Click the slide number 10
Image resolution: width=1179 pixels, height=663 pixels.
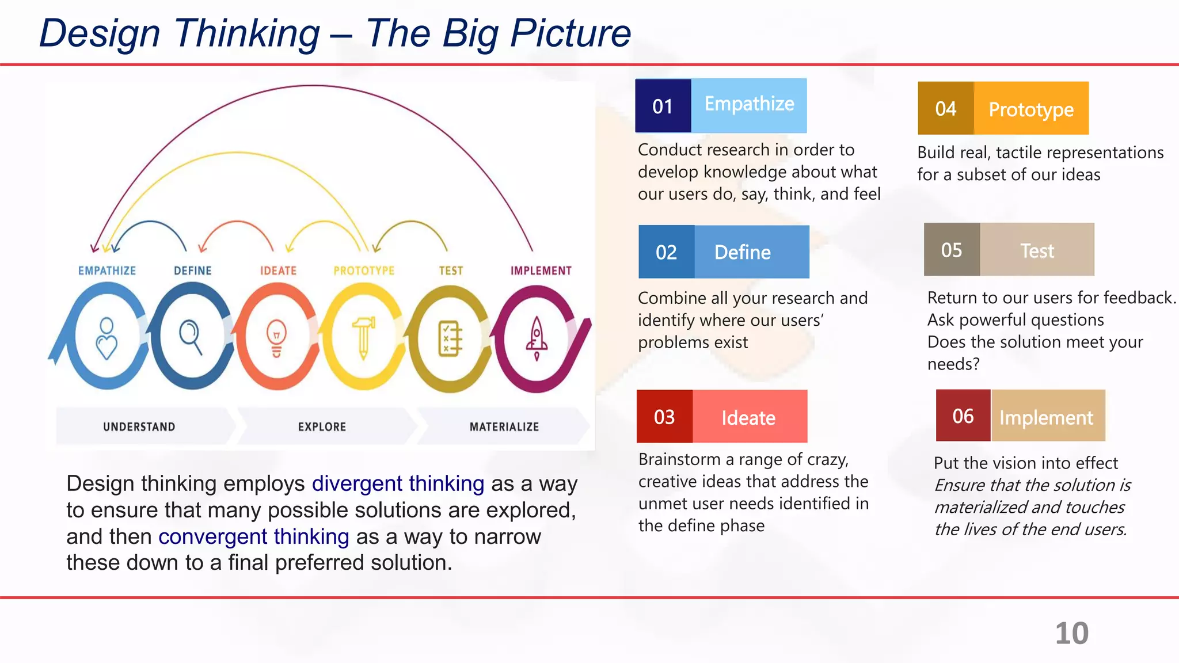coord(1071,633)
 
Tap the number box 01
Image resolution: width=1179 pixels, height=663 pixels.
coord(663,106)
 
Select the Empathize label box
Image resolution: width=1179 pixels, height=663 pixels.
coord(749,105)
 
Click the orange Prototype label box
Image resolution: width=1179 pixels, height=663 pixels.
coord(1030,109)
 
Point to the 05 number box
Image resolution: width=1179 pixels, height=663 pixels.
coord(951,250)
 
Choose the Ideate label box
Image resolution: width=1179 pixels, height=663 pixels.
coord(749,417)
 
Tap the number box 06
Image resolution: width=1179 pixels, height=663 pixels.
coord(963,416)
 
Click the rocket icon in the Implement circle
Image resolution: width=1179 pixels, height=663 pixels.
coord(537,338)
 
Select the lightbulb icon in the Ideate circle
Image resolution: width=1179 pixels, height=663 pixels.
coord(277,338)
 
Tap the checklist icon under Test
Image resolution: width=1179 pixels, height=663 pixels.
coord(450,338)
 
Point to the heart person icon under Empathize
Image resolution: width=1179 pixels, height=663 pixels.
coord(107,338)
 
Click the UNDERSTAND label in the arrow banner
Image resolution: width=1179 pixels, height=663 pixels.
coord(139,427)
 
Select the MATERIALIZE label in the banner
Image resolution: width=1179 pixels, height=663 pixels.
coord(504,427)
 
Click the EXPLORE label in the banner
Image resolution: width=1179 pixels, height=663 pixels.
coord(322,427)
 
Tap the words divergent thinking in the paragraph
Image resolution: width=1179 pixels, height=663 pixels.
coord(398,483)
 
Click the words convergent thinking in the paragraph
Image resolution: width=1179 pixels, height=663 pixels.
coord(254,536)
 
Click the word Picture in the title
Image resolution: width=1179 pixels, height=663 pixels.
coord(571,33)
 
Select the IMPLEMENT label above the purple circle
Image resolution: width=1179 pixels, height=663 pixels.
coord(541,270)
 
